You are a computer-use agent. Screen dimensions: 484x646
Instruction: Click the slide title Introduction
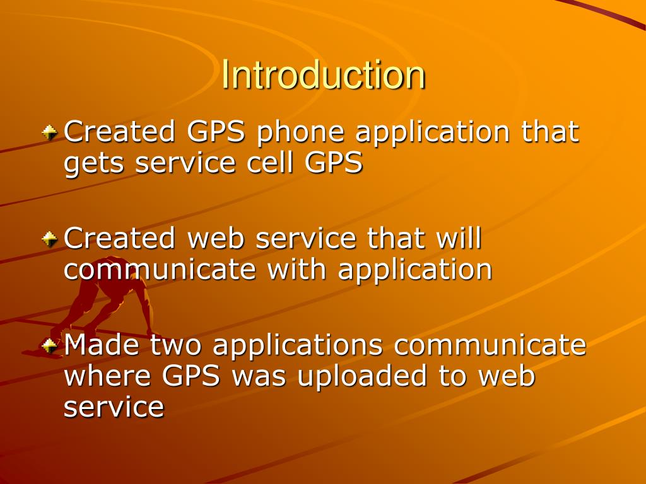(323, 75)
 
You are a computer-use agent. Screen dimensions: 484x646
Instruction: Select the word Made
(102, 345)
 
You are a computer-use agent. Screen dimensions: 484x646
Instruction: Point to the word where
(109, 376)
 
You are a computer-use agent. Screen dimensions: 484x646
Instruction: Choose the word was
(259, 376)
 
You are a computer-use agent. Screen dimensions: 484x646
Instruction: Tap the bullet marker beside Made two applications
(50, 345)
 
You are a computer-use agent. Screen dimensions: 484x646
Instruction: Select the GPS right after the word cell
(334, 163)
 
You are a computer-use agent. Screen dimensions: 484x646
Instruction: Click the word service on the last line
(114, 407)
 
